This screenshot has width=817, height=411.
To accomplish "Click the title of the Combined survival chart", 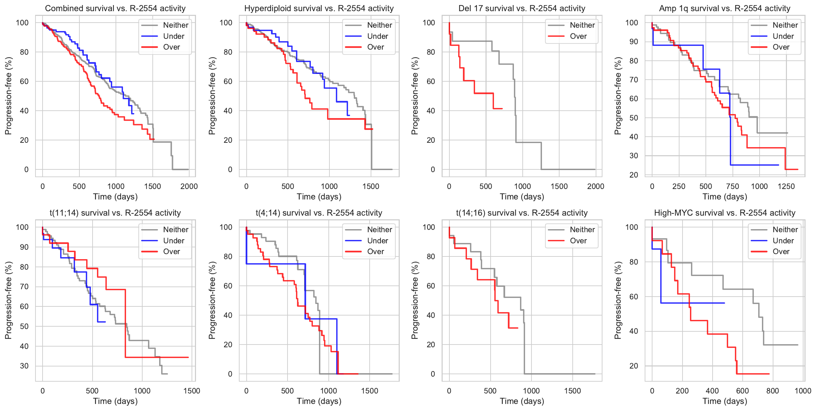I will point(115,8).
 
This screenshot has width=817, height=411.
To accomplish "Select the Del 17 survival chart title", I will point(522,8).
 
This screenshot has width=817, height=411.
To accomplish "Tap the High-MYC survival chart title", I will point(725,213).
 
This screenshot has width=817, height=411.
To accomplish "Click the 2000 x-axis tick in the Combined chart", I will point(189,186).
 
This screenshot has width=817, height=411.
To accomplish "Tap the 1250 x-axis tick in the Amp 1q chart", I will point(786,186).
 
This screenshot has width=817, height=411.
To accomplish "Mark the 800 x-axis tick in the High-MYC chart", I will point(772,391).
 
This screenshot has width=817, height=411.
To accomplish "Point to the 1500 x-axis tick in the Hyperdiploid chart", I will point(371,186).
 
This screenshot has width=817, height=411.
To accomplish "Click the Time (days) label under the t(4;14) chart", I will point(319,401).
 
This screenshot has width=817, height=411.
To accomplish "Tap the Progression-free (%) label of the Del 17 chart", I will point(415,96).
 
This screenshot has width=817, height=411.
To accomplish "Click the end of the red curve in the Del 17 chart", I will point(502,109).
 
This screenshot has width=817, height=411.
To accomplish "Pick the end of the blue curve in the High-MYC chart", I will point(724,303).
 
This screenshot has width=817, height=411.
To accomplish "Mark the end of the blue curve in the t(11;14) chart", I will point(105,322).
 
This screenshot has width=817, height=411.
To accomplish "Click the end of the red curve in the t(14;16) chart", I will point(518,328).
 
